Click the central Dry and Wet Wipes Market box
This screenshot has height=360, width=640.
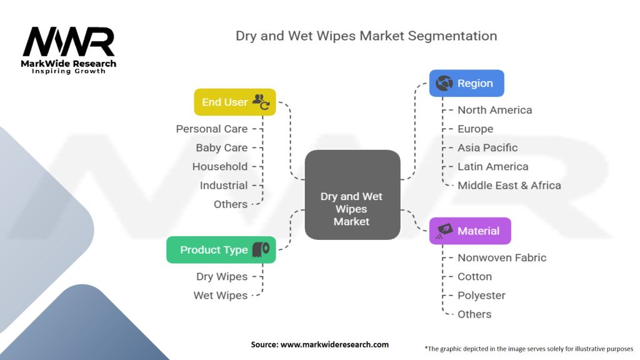click(352, 194)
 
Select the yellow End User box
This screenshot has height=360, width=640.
click(235, 102)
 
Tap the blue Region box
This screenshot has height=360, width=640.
click(466, 83)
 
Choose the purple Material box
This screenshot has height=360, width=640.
click(470, 231)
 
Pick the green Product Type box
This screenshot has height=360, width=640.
click(221, 249)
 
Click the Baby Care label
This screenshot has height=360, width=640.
click(221, 147)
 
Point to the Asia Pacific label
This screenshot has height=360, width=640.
click(487, 147)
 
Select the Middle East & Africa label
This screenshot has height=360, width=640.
click(509, 185)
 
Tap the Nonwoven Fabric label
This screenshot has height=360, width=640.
click(502, 257)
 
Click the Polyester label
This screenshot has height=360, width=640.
click(481, 295)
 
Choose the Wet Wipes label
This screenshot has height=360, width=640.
click(220, 295)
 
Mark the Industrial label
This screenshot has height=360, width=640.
click(224, 185)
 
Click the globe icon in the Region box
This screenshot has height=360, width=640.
click(444, 83)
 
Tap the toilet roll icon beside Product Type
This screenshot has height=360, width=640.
click(261, 249)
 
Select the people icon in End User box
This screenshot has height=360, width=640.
click(261, 102)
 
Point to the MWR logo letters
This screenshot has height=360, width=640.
click(69, 42)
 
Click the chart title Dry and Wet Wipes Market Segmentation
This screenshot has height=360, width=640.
click(366, 36)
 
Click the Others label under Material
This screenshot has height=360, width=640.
click(474, 314)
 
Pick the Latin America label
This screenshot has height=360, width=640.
click(492, 166)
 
